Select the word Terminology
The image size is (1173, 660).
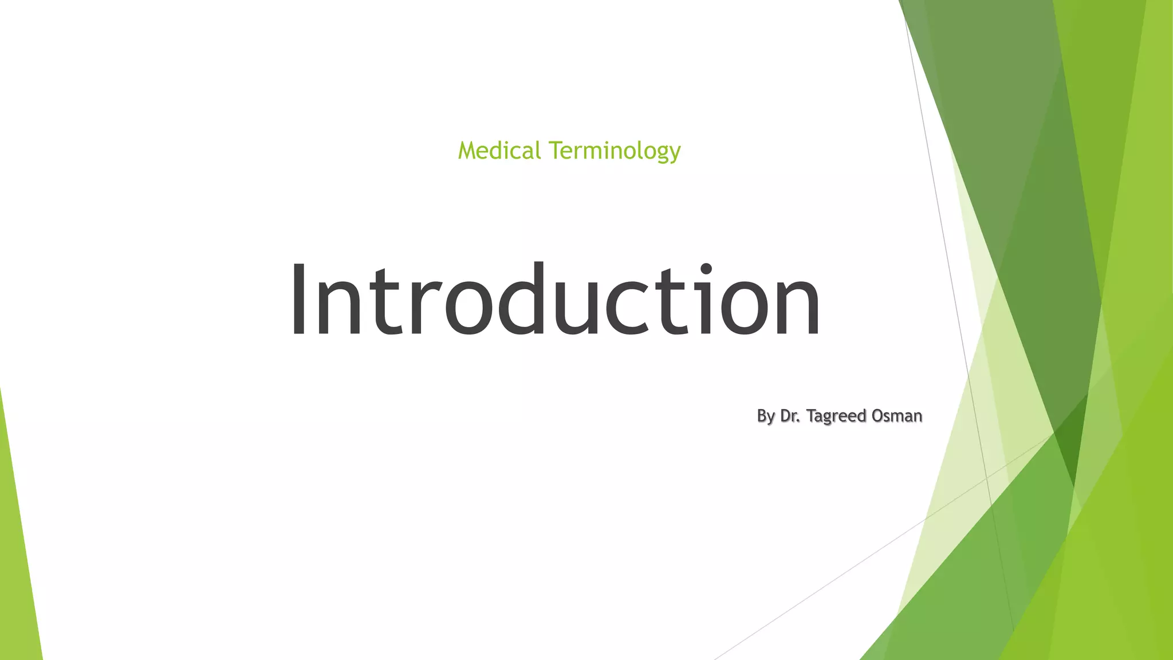615,151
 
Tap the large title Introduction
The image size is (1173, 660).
556,298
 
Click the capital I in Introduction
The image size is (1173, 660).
298,298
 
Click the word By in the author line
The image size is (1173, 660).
766,416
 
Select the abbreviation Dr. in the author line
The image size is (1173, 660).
790,415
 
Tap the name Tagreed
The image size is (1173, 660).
836,417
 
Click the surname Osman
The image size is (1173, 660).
896,415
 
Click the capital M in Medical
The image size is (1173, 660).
468,151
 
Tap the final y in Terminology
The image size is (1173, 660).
675,154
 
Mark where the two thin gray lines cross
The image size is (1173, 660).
986,477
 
